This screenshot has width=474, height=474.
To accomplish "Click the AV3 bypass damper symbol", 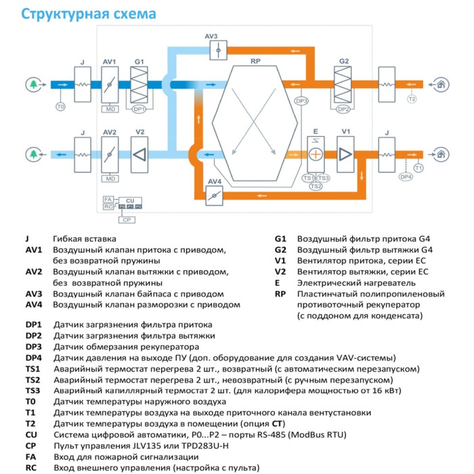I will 212,49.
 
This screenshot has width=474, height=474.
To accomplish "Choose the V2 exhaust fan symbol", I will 139,154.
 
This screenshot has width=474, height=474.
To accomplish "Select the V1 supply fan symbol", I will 345,154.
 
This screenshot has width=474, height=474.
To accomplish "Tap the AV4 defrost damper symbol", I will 215,195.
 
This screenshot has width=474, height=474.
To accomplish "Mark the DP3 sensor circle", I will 301,101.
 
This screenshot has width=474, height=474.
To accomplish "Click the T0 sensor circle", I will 60,106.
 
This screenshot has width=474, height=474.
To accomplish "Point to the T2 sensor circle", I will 412,100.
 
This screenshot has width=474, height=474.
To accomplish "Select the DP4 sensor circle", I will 406,177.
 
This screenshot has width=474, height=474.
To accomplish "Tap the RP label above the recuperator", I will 255,62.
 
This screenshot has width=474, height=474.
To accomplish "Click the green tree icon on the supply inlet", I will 33,85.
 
